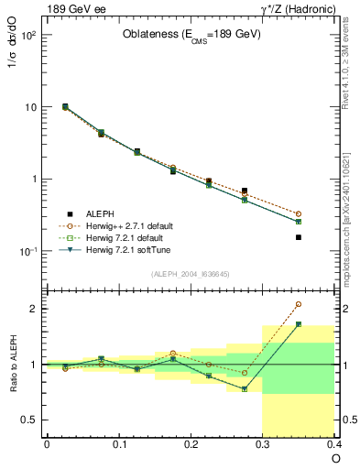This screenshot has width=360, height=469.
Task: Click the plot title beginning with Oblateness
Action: (x=191, y=35)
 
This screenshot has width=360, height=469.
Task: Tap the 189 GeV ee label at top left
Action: (x=75, y=8)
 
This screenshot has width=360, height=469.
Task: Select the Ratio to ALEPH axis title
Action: (x=13, y=364)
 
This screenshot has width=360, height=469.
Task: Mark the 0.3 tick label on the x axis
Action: (x=263, y=445)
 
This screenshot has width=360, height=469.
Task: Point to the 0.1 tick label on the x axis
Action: (x=118, y=445)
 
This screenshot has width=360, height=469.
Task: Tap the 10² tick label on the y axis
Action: (x=28, y=35)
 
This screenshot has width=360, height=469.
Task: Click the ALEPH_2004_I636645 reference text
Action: (x=191, y=274)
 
